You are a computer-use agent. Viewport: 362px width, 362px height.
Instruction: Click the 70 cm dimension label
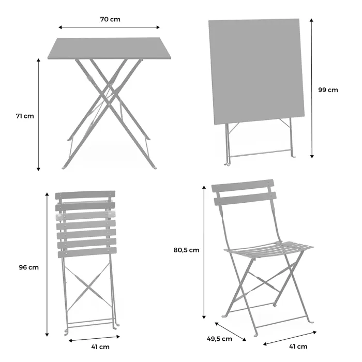(x=110, y=19)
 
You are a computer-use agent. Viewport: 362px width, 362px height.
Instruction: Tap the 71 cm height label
(x=24, y=116)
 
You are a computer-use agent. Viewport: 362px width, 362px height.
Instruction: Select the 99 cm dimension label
(x=328, y=89)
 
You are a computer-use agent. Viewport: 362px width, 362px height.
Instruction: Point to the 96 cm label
(x=28, y=267)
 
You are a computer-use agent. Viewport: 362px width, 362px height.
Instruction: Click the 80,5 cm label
(x=186, y=250)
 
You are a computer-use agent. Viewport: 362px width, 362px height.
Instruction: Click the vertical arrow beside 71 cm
(x=39, y=114)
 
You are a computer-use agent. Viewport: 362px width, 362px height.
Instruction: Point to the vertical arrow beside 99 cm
(x=312, y=88)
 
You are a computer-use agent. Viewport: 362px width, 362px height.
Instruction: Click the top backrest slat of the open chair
(x=243, y=186)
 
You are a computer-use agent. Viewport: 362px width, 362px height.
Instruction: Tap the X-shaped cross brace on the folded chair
(x=87, y=286)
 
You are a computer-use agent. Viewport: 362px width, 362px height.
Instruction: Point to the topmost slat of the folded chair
(x=85, y=196)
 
